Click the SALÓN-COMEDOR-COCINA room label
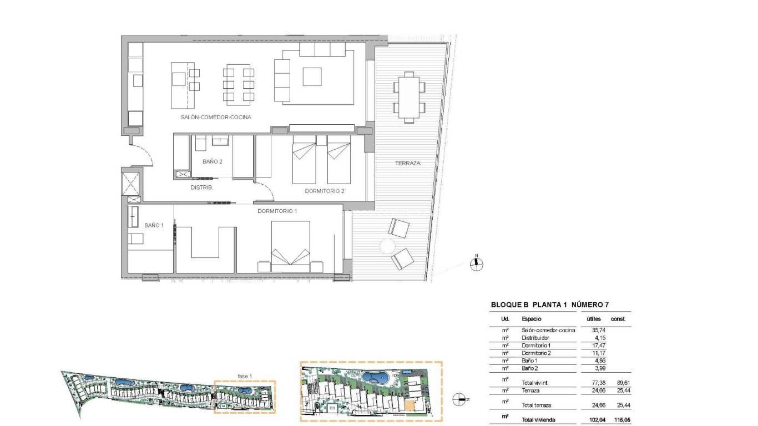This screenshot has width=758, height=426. tap(215, 118)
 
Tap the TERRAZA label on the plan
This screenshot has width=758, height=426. tap(407, 163)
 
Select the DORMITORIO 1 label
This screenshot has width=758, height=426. tap(277, 211)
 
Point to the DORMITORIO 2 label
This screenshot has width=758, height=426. tap(325, 191)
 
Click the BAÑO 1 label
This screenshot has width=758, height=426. tap(154, 225)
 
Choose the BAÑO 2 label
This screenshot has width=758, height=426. tap(213, 161)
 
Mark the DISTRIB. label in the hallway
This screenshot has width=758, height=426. tap(202, 187)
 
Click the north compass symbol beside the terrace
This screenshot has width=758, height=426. tap(476, 264)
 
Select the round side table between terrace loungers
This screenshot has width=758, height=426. tap(387, 245)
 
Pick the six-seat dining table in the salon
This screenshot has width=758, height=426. tap(239, 85)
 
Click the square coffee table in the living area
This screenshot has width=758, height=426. tap(312, 77)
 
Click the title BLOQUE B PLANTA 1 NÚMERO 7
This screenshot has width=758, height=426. tap(553, 305)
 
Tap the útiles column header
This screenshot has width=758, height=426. tap(594, 319)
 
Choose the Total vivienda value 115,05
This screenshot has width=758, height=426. tap(621, 420)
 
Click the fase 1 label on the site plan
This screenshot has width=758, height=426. tap(245, 377)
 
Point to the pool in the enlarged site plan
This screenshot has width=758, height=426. tap(375, 378)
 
